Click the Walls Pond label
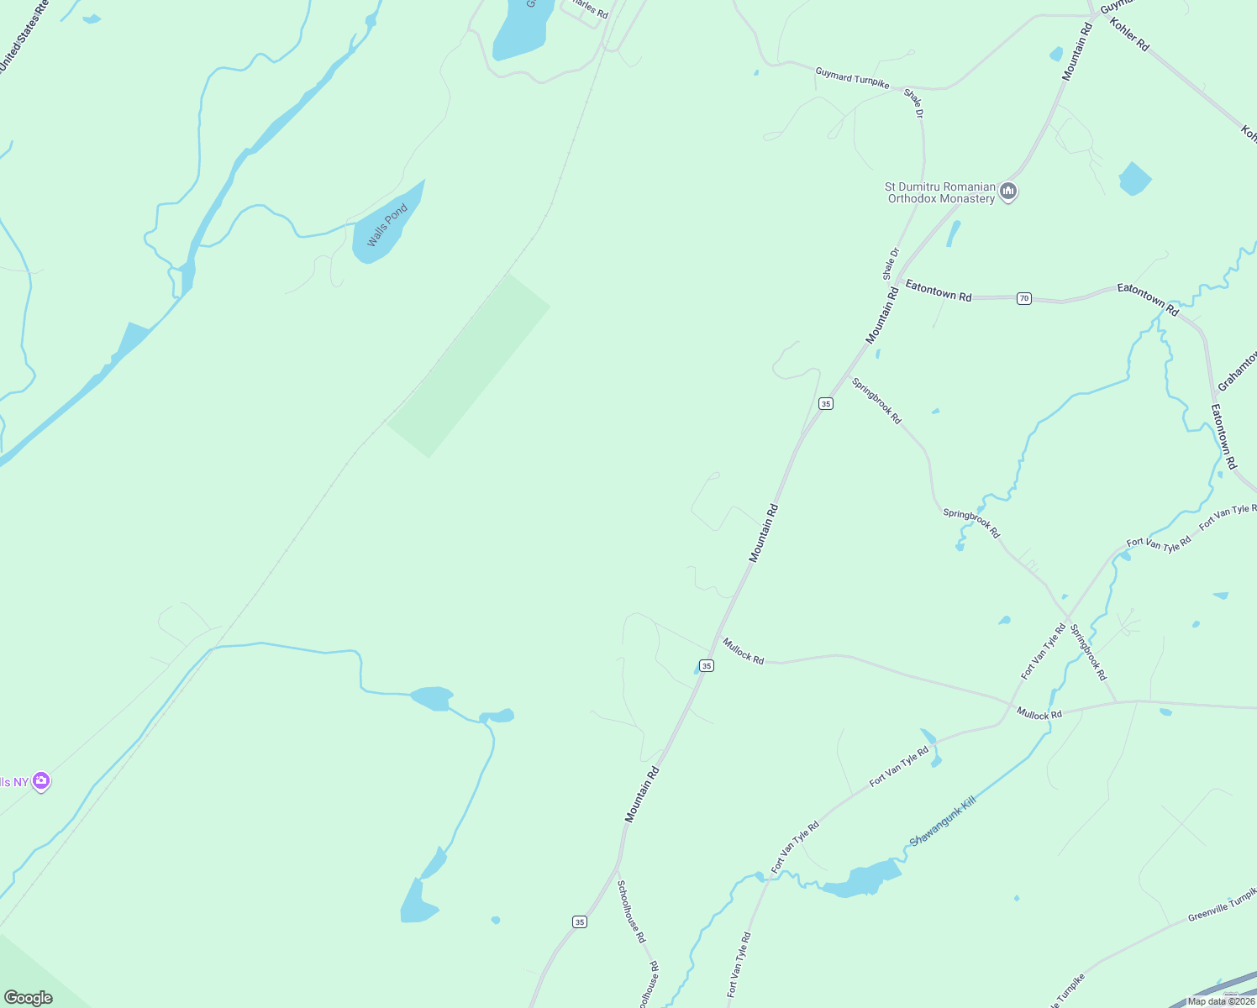(387, 225)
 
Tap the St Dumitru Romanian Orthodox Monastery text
(941, 192)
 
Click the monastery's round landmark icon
(1009, 192)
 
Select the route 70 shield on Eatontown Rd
(1023, 298)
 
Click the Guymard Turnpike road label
(852, 78)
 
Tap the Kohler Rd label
(1128, 34)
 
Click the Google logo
(28, 998)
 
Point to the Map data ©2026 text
(1220, 1000)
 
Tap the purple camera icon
(41, 782)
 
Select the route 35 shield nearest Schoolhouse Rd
(580, 922)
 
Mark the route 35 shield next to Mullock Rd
(707, 665)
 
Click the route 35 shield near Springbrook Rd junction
(826, 404)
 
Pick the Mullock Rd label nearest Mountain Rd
(744, 651)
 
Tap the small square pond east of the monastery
(1134, 179)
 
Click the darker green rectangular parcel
(469, 365)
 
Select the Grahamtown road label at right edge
(1237, 370)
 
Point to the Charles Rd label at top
(590, 9)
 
